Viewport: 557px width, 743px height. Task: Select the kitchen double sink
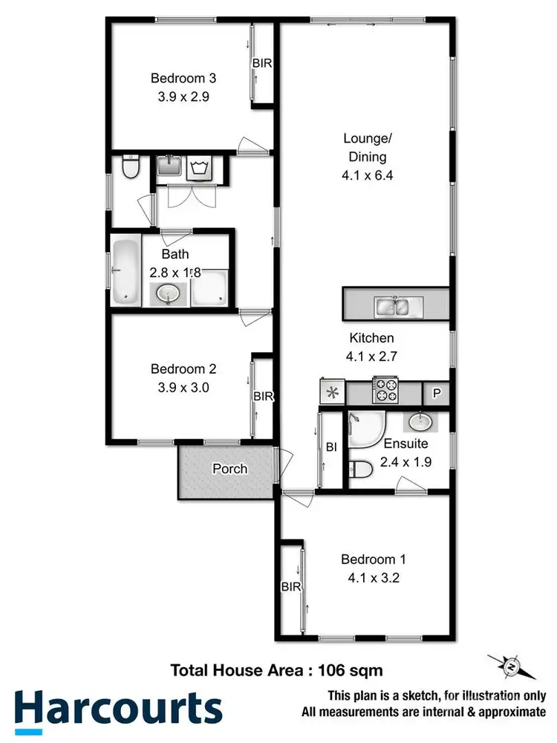(394, 305)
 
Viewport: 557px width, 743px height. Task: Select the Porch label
(229, 469)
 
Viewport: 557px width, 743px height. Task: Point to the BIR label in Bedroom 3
(262, 63)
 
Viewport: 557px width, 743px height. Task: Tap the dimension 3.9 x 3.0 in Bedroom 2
(183, 386)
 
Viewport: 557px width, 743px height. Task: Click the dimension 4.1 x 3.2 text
(373, 578)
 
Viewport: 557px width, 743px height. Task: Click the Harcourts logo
(119, 708)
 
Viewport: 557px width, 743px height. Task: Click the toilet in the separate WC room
(130, 168)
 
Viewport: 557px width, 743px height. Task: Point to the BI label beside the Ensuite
(331, 447)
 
